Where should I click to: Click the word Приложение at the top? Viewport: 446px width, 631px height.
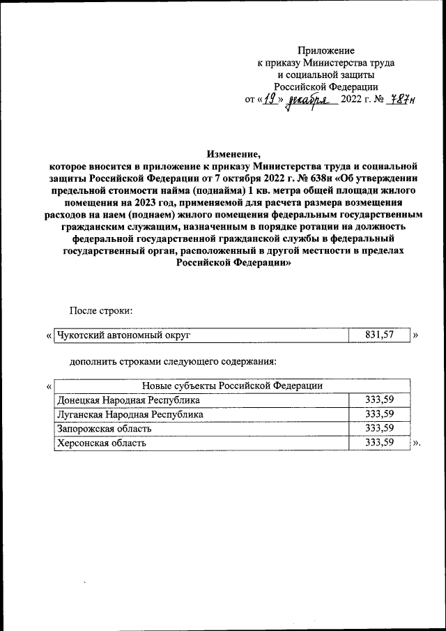point(326,50)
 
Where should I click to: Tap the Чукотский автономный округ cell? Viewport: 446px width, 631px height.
point(124,335)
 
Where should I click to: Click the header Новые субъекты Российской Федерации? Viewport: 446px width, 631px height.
point(232,386)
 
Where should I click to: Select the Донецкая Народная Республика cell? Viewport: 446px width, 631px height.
point(128,400)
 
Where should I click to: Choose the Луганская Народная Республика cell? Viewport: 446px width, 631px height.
point(130,413)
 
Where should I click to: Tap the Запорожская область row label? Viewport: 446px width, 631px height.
point(103,427)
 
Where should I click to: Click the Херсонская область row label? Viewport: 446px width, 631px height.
point(102,442)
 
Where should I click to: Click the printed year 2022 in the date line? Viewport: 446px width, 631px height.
point(353,100)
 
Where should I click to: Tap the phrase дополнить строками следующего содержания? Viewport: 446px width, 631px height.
point(173,361)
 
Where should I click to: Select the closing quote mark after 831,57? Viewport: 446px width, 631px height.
point(416,335)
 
